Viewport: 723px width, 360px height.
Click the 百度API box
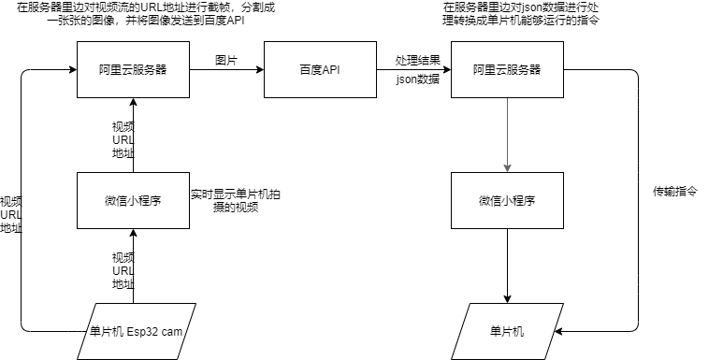coord(320,69)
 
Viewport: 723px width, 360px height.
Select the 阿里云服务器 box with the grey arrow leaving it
coord(507,69)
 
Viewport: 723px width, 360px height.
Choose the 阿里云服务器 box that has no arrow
coord(133,69)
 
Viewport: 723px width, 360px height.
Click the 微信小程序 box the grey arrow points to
coord(507,200)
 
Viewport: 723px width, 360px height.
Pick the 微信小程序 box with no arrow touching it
coord(133,200)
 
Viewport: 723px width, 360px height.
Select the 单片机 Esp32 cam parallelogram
coord(136,331)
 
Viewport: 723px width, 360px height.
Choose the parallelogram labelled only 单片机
coord(507,331)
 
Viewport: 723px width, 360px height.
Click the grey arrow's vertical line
coord(507,131)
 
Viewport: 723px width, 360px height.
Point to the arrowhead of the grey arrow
coord(507,168)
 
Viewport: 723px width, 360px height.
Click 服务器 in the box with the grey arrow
coord(524,70)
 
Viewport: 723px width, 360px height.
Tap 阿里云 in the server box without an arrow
coord(116,70)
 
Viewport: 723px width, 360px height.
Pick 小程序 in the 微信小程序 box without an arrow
coord(144,201)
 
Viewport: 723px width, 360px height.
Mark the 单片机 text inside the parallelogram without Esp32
coord(507,331)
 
